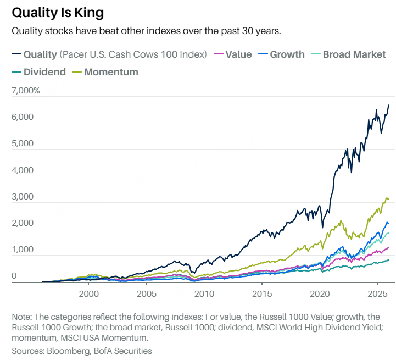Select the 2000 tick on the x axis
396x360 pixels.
[x=89, y=293]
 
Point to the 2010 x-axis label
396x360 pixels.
[x=204, y=293]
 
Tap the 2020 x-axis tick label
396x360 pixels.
[x=320, y=293]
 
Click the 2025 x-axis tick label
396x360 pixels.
[x=377, y=293]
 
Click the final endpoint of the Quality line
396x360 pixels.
[x=389, y=104]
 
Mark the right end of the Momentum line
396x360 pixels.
[x=389, y=198]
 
